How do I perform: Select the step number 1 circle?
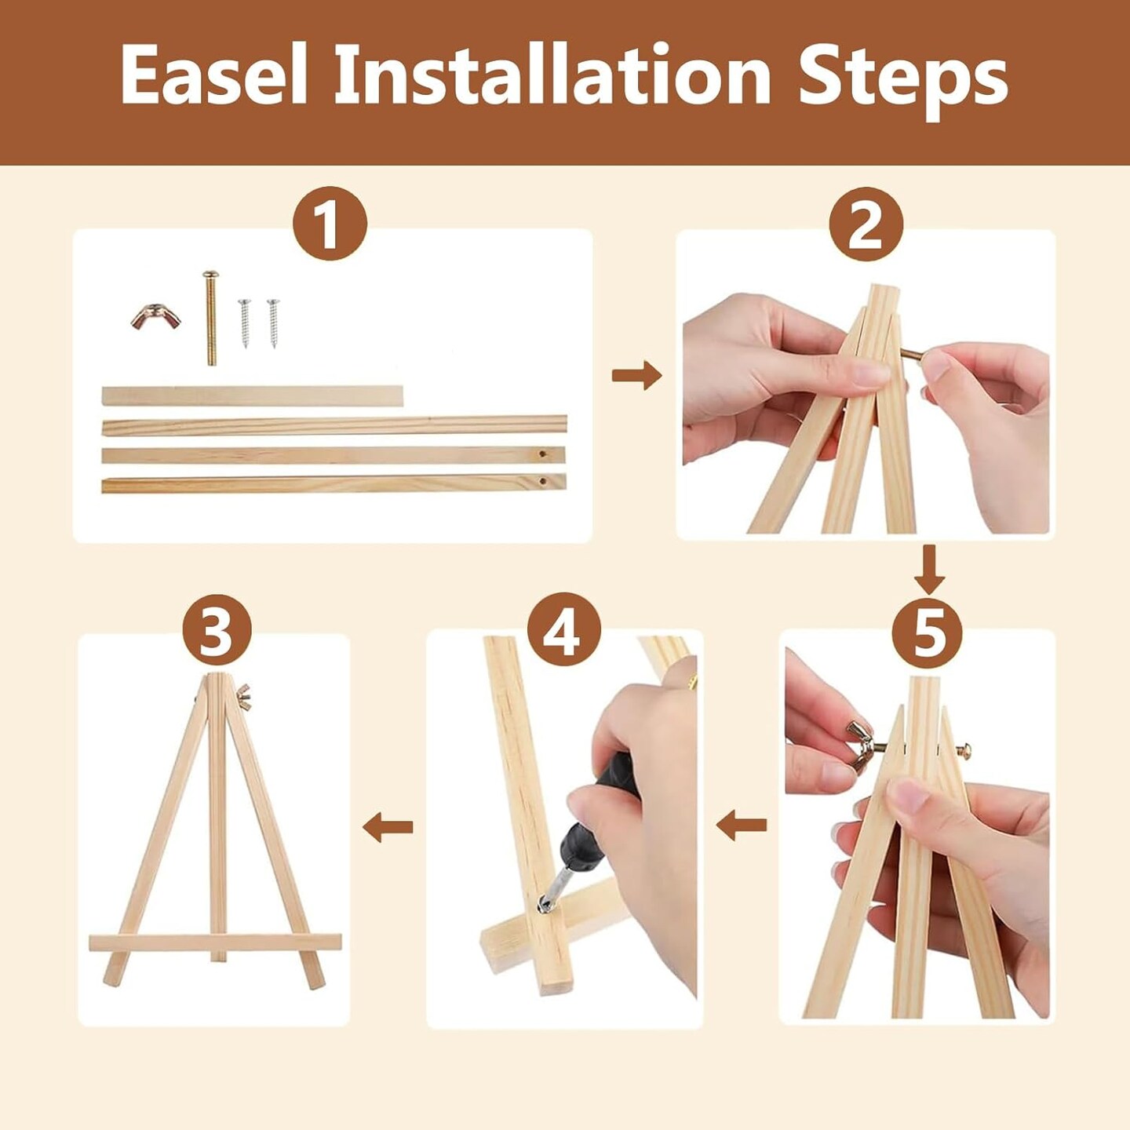330,224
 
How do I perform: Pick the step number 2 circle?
866,224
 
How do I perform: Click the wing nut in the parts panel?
155,319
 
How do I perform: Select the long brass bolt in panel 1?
210,318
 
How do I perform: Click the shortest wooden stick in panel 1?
253,395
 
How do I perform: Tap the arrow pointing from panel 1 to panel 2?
636,375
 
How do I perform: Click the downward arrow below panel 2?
929,570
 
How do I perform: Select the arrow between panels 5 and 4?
742,826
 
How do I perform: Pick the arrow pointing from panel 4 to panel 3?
388,827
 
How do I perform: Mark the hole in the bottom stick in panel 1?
542,482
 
